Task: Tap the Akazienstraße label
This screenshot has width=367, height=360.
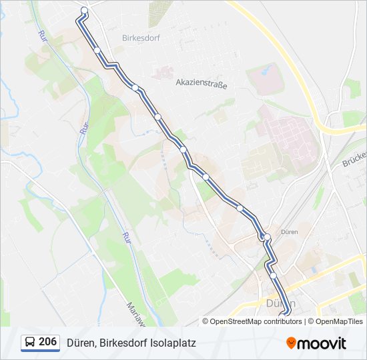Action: coord(202,85)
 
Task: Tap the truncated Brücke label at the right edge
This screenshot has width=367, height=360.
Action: coord(355,160)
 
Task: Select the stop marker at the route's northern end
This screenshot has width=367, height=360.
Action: coord(84,10)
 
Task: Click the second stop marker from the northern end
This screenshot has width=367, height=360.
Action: coord(97,50)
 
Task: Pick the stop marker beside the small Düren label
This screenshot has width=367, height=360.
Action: coord(267,237)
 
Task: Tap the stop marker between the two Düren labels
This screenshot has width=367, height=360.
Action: coord(273,275)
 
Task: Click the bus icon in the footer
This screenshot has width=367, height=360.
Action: coord(30,343)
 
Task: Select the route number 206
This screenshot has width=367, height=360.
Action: coord(47,342)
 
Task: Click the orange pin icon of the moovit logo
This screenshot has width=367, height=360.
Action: coord(292,343)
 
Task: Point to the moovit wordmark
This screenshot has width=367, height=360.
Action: coord(322,343)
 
